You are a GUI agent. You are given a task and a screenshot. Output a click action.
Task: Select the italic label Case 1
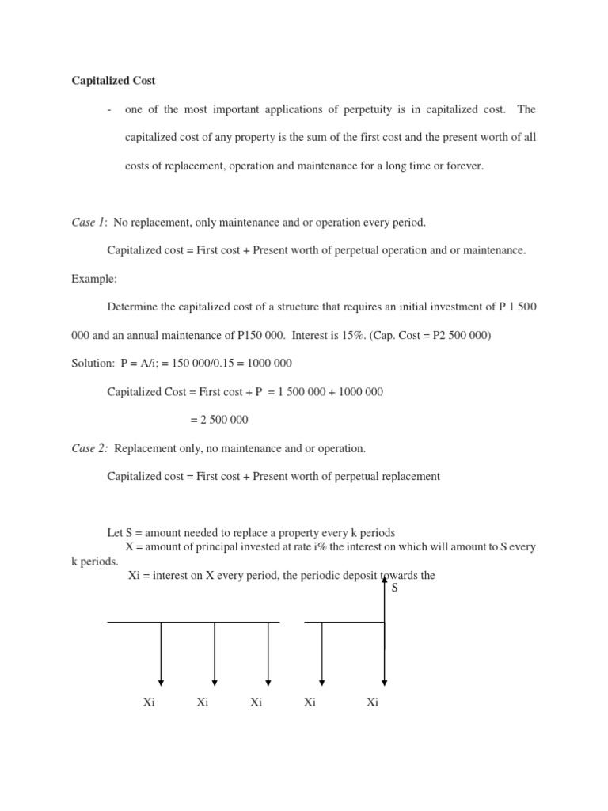tap(89, 223)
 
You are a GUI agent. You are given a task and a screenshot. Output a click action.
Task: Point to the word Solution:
tap(93, 364)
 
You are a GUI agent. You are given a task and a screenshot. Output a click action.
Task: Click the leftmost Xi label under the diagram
tap(149, 702)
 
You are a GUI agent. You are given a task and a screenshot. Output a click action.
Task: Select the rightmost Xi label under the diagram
tap(373, 702)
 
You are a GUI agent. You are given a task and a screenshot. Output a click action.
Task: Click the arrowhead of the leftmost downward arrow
tap(161, 682)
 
